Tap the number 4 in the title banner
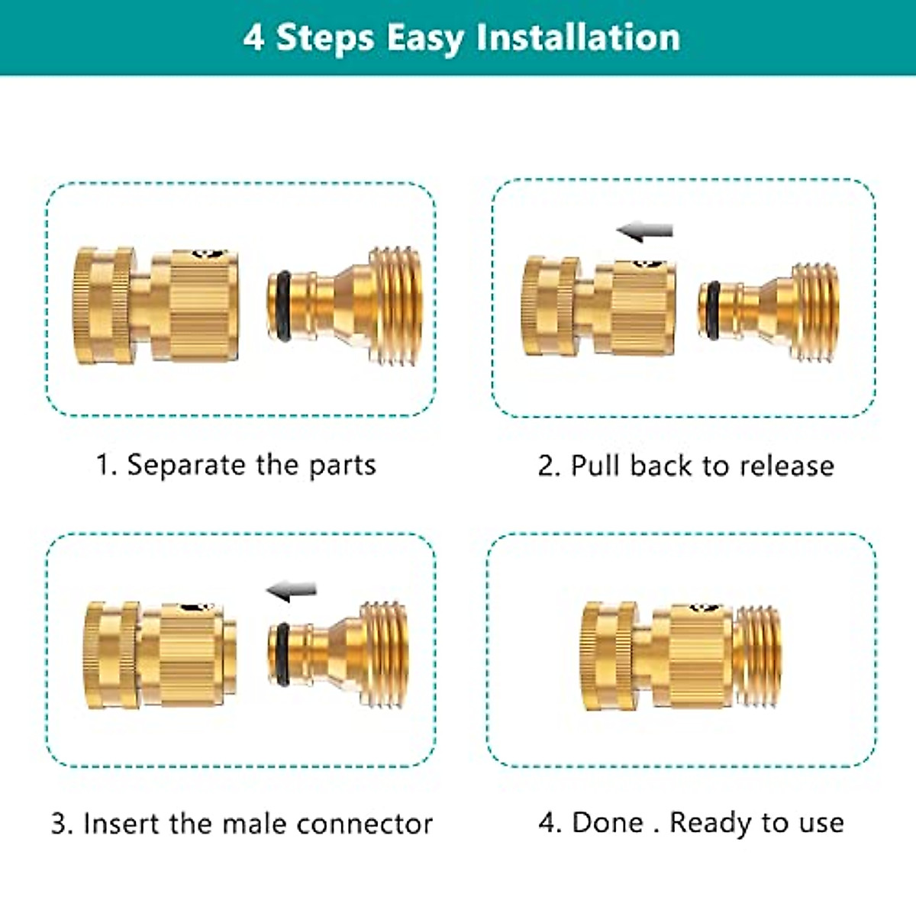pos(253,37)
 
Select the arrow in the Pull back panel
pos(645,231)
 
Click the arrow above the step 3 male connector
pos(291,590)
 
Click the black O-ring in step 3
pos(282,653)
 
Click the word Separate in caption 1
pos(185,465)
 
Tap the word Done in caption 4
pos(608,822)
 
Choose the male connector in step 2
pos(771,311)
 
